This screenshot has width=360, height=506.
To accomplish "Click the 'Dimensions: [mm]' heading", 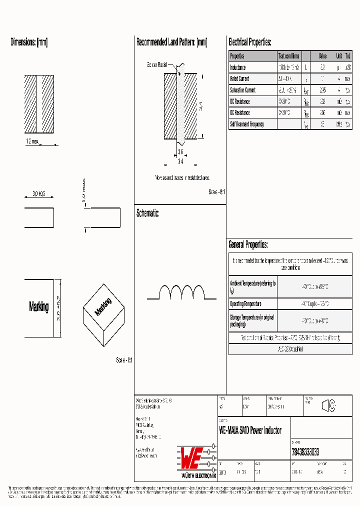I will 29,42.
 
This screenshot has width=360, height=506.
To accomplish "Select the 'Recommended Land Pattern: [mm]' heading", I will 171,42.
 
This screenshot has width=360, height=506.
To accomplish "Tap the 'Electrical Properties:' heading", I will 249,42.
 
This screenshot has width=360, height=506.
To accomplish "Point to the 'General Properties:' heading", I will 248,245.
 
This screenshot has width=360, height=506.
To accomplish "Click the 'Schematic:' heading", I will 147,213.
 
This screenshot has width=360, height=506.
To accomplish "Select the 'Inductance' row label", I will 238,67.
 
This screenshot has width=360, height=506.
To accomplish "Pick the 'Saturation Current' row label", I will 243,90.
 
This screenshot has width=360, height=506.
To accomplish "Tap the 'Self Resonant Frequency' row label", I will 247,124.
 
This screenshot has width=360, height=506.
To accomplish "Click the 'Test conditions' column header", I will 289,56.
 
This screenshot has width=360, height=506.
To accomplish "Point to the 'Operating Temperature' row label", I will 245,304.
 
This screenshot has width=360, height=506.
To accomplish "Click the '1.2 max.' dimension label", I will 31,142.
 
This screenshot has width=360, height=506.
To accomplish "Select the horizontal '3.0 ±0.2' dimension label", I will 38,193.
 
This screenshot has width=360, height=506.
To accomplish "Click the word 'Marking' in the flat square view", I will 38,307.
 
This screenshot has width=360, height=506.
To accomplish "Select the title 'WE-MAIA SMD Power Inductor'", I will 250,430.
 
